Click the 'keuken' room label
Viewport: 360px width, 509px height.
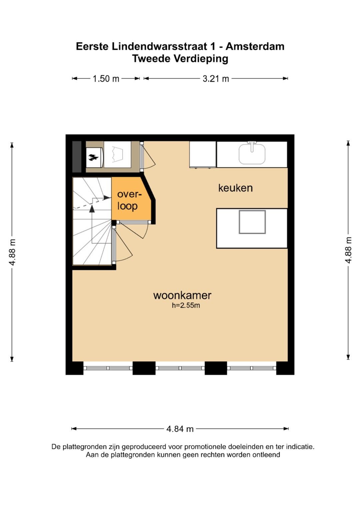coord(235,188)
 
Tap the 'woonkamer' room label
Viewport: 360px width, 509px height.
coord(182,296)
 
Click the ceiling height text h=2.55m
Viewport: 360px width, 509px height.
coord(186,305)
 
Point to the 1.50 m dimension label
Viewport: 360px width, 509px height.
coord(106,79)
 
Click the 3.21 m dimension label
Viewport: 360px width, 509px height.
coord(216,79)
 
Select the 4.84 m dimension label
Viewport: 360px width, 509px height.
coord(180,429)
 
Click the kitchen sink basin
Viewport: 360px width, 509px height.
coord(252,154)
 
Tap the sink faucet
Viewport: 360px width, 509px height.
coord(252,146)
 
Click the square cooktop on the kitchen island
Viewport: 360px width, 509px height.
coord(252,222)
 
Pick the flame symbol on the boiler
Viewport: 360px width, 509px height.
coord(93,157)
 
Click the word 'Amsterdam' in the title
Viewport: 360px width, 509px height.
coord(255,46)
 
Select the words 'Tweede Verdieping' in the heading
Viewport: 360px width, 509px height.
coord(180,59)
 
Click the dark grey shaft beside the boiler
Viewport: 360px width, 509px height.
coord(77,157)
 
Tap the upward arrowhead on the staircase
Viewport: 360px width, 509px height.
coord(92,209)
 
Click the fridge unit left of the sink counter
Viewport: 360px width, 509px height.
coord(203,155)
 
